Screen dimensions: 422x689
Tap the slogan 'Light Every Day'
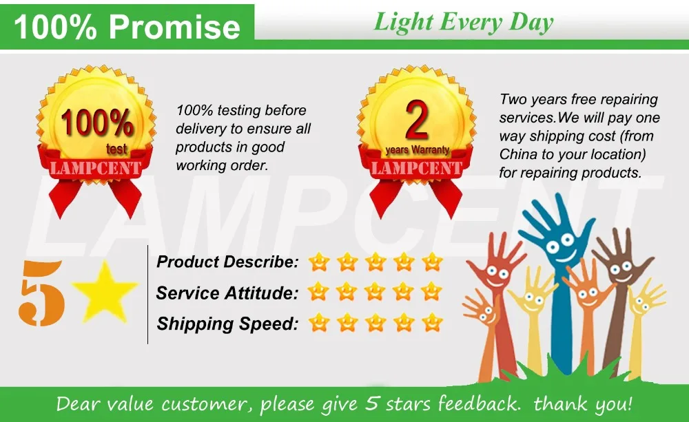(x=463, y=22)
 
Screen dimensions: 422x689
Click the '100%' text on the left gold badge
(x=96, y=124)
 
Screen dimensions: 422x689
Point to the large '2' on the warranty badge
(x=417, y=120)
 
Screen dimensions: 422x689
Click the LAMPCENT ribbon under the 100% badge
(x=94, y=167)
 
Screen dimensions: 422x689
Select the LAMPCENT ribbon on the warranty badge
(x=417, y=167)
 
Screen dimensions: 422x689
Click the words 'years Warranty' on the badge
(x=417, y=149)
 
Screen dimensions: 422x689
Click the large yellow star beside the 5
(x=105, y=291)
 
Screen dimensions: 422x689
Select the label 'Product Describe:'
(x=227, y=262)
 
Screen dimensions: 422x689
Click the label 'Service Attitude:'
(x=227, y=293)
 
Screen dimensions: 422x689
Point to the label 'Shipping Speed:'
(x=227, y=324)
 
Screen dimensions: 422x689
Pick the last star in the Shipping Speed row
(x=432, y=322)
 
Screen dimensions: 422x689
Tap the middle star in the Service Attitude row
(x=375, y=292)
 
